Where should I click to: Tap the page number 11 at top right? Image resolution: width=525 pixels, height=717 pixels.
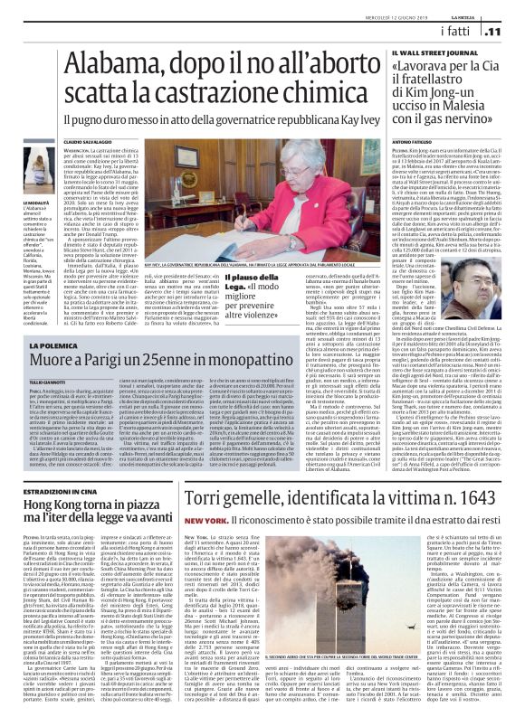(x=509, y=32)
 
